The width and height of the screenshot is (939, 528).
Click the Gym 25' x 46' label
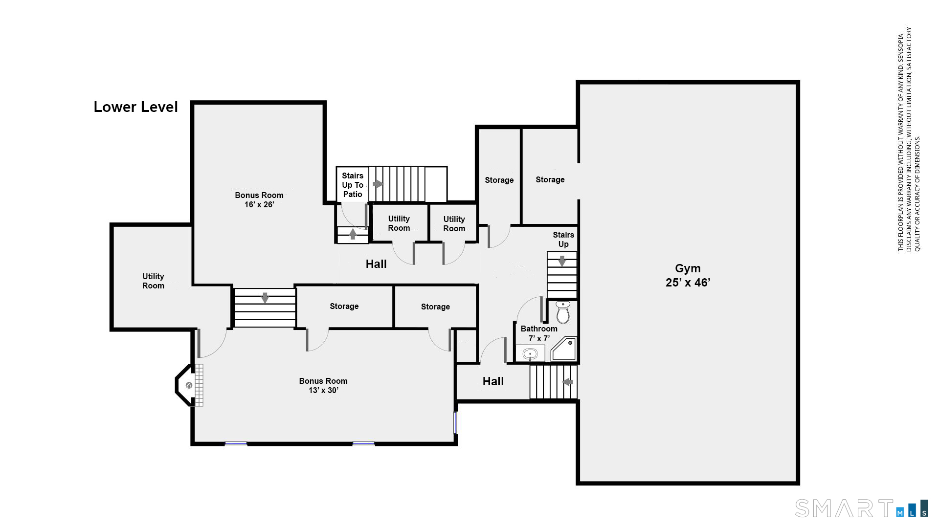point(688,275)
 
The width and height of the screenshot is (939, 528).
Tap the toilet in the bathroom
point(563,312)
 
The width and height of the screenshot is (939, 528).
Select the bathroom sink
point(530,353)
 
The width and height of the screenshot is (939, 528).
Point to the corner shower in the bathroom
point(564,349)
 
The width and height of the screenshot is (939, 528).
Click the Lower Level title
point(135,107)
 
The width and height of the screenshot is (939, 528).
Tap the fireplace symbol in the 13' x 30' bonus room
point(189,385)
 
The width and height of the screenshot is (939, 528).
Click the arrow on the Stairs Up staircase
point(562,261)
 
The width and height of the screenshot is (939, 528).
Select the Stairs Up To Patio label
point(353,185)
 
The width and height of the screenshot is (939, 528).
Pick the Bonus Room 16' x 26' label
point(259,199)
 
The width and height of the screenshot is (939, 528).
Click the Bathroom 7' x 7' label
point(539,333)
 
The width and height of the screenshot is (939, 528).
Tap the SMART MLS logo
point(861,508)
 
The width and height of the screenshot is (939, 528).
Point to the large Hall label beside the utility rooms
point(376,264)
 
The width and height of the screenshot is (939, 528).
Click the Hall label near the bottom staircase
point(493,381)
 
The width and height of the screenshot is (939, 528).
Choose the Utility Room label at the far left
point(153,281)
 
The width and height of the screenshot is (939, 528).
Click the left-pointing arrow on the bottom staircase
point(568,382)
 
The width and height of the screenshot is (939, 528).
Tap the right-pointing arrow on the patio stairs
point(378,184)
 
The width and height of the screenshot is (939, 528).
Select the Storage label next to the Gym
point(550,179)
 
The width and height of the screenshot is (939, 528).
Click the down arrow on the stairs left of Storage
point(265,298)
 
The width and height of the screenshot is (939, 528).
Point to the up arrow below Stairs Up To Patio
point(353,234)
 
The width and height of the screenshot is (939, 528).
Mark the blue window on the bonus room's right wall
point(455,423)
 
